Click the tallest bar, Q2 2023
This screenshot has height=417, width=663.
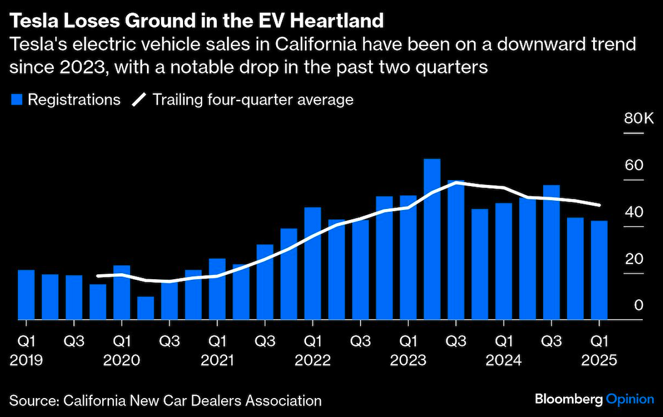(x=432, y=239)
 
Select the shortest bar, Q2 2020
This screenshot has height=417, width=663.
(x=146, y=308)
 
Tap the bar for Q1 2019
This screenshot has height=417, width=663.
(x=26, y=295)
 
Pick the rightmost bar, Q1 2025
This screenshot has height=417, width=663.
(x=599, y=270)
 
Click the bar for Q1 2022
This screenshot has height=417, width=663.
(x=313, y=263)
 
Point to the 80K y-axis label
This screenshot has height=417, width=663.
(x=639, y=118)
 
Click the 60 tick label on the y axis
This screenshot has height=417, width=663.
(x=634, y=165)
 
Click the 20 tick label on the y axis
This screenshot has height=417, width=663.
(x=634, y=258)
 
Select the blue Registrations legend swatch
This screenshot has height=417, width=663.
(x=17, y=100)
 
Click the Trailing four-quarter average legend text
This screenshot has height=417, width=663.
(x=253, y=99)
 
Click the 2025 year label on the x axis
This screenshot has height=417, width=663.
(x=598, y=360)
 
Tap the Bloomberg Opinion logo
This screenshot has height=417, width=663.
(x=594, y=399)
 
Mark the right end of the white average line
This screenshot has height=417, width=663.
(x=599, y=205)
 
